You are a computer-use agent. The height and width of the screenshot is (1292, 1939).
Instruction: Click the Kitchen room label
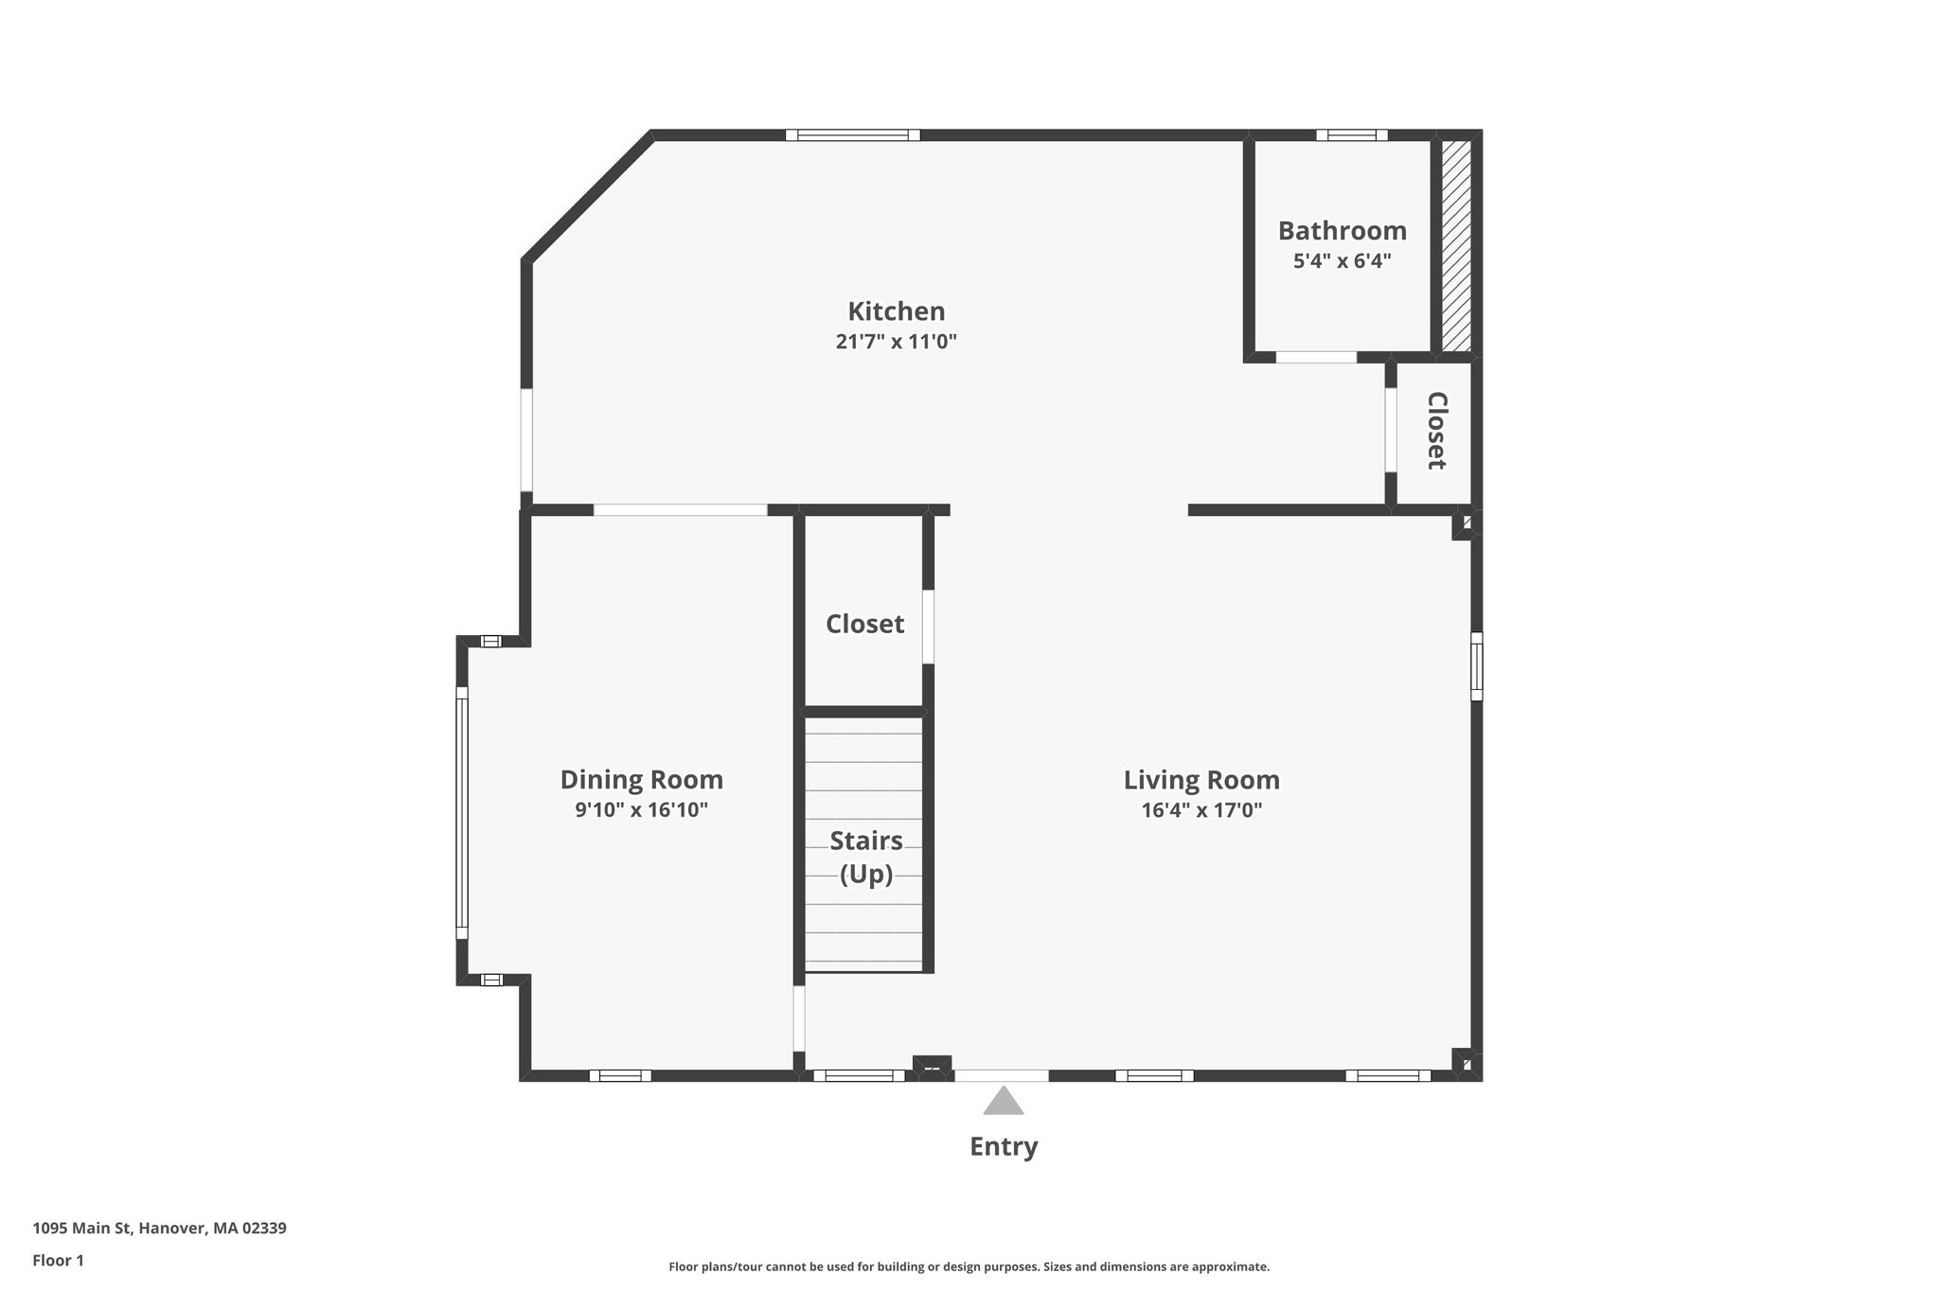point(896,311)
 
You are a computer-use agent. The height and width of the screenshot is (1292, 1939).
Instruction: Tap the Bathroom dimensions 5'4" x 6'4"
point(1342,261)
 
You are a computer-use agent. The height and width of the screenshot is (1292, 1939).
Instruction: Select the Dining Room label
point(642,780)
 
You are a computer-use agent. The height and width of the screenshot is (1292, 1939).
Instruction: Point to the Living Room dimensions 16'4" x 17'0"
point(1201,810)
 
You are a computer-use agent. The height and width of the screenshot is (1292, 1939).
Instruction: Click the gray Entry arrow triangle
point(1004,1101)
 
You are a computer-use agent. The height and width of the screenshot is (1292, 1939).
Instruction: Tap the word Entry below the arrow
point(1004,1147)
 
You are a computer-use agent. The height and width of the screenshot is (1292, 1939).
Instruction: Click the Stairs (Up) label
point(866,858)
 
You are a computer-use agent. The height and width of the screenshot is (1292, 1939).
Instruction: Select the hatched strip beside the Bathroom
point(1456,246)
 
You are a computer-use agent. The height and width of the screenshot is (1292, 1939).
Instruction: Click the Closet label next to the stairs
point(865,624)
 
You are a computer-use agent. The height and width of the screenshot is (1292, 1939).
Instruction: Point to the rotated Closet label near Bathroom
point(1436,431)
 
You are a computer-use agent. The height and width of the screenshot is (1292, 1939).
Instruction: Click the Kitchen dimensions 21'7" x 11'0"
point(896,342)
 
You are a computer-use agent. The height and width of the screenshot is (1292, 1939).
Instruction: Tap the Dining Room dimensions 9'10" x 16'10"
point(642,810)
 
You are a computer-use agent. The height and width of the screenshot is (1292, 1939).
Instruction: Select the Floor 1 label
point(59,1260)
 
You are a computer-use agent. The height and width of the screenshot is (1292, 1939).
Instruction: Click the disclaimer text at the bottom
point(969,1266)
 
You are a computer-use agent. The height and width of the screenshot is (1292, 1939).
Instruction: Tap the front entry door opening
point(1001,1075)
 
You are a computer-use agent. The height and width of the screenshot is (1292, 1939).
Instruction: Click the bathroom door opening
point(1316,357)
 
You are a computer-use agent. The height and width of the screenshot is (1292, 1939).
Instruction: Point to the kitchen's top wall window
point(853,135)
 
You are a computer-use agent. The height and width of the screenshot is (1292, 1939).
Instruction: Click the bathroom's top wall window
point(1352,135)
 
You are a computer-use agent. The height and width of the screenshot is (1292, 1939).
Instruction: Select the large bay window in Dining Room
point(462,812)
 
